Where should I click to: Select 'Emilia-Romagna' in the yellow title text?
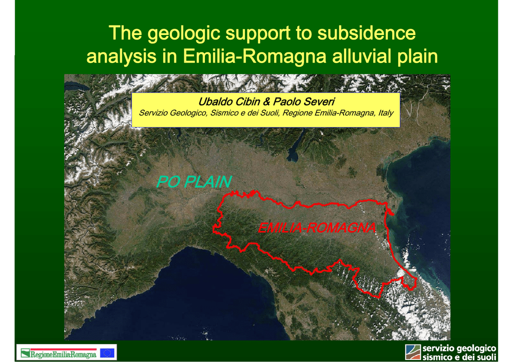click(x=254, y=56)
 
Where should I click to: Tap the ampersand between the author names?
click(x=267, y=101)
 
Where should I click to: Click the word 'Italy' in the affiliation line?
click(x=386, y=113)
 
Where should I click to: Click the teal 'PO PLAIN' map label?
click(x=194, y=182)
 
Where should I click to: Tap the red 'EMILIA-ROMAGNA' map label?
click(x=317, y=228)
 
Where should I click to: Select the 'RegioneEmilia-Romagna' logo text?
click(x=63, y=354)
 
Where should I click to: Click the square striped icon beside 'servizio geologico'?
click(x=413, y=352)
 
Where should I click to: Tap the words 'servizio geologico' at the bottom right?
click(x=459, y=348)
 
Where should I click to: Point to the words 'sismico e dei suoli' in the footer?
click(x=459, y=357)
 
